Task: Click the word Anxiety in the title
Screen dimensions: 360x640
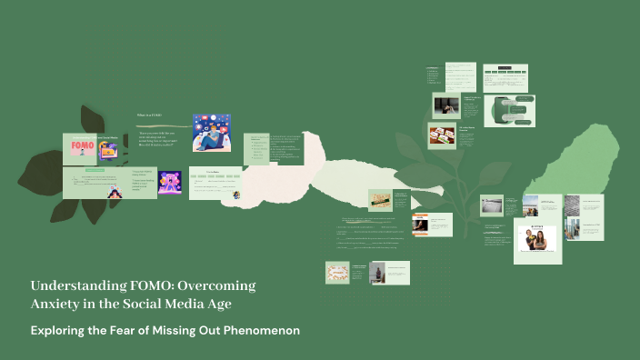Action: point(55,304)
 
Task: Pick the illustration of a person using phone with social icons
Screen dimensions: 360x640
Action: point(211,133)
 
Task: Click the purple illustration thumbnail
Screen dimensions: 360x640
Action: point(169,182)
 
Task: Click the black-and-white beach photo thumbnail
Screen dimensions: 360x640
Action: point(491,205)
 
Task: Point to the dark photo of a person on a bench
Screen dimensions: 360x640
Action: point(445,105)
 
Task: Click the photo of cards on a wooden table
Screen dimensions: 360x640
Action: point(443,135)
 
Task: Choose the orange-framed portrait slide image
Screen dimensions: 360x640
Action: point(420,225)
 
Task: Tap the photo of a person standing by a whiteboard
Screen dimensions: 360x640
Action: point(379,272)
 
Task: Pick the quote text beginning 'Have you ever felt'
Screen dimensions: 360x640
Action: point(161,138)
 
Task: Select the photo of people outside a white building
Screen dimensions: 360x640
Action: point(530,205)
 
